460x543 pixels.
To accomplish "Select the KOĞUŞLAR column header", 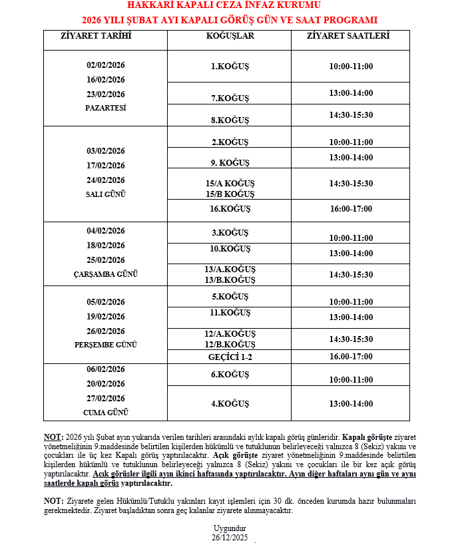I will point(230,36).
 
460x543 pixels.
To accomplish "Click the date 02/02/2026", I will point(106,65).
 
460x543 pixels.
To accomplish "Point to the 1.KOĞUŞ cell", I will point(230,67).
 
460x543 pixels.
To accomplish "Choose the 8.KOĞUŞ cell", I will point(230,120).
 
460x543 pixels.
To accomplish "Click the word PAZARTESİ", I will point(106,108).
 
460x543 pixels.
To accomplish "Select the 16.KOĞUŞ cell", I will point(230,209).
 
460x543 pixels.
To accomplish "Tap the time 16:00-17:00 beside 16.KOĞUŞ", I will point(351,209).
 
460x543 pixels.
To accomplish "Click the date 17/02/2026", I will point(106,166).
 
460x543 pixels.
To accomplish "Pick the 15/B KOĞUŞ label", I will point(230,194).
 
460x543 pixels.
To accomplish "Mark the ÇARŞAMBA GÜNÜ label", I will point(106,274).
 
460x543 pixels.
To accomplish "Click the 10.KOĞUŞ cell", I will point(230,249).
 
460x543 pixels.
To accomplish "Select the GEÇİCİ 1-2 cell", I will point(230,357).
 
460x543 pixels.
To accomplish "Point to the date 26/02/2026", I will point(106,331).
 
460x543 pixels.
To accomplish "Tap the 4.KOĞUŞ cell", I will point(230,404).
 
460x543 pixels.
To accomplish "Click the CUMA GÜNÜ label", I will point(106,413).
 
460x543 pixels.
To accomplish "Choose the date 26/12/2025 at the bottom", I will point(230,536).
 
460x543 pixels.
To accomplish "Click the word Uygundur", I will point(230,528).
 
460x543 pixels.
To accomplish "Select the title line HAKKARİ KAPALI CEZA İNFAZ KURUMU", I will point(229,6).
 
